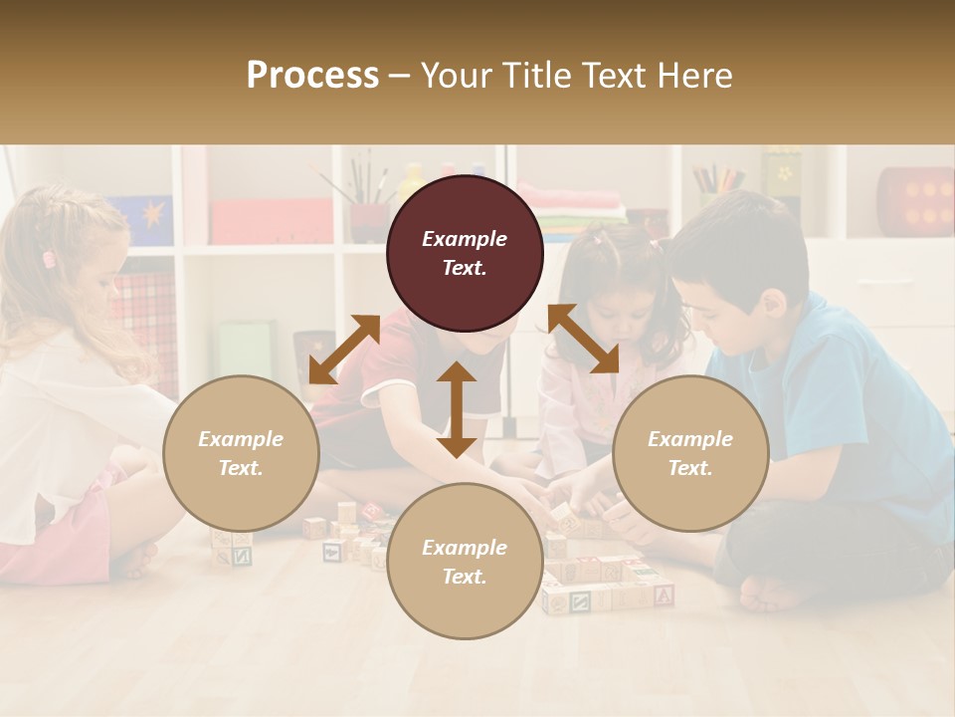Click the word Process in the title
[x=312, y=76]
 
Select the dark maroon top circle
[x=465, y=254]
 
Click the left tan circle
[x=241, y=453]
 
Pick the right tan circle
[x=690, y=453]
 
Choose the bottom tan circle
[x=465, y=562]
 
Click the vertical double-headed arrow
[x=457, y=409]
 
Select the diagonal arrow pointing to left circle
[x=344, y=350]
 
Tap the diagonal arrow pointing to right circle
[x=583, y=339]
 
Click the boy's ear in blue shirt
[x=771, y=305]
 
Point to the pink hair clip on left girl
[x=49, y=260]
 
